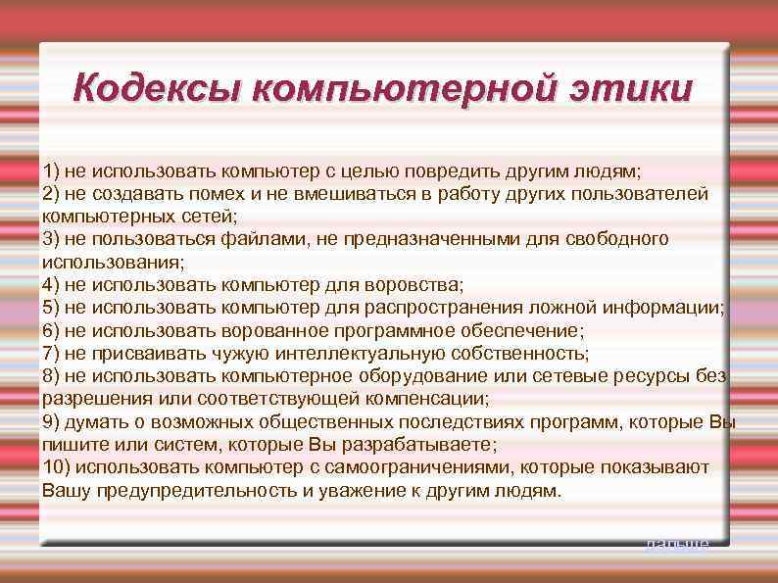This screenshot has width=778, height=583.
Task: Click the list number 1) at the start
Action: click(x=51, y=170)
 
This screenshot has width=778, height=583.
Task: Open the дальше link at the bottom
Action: click(x=676, y=543)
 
